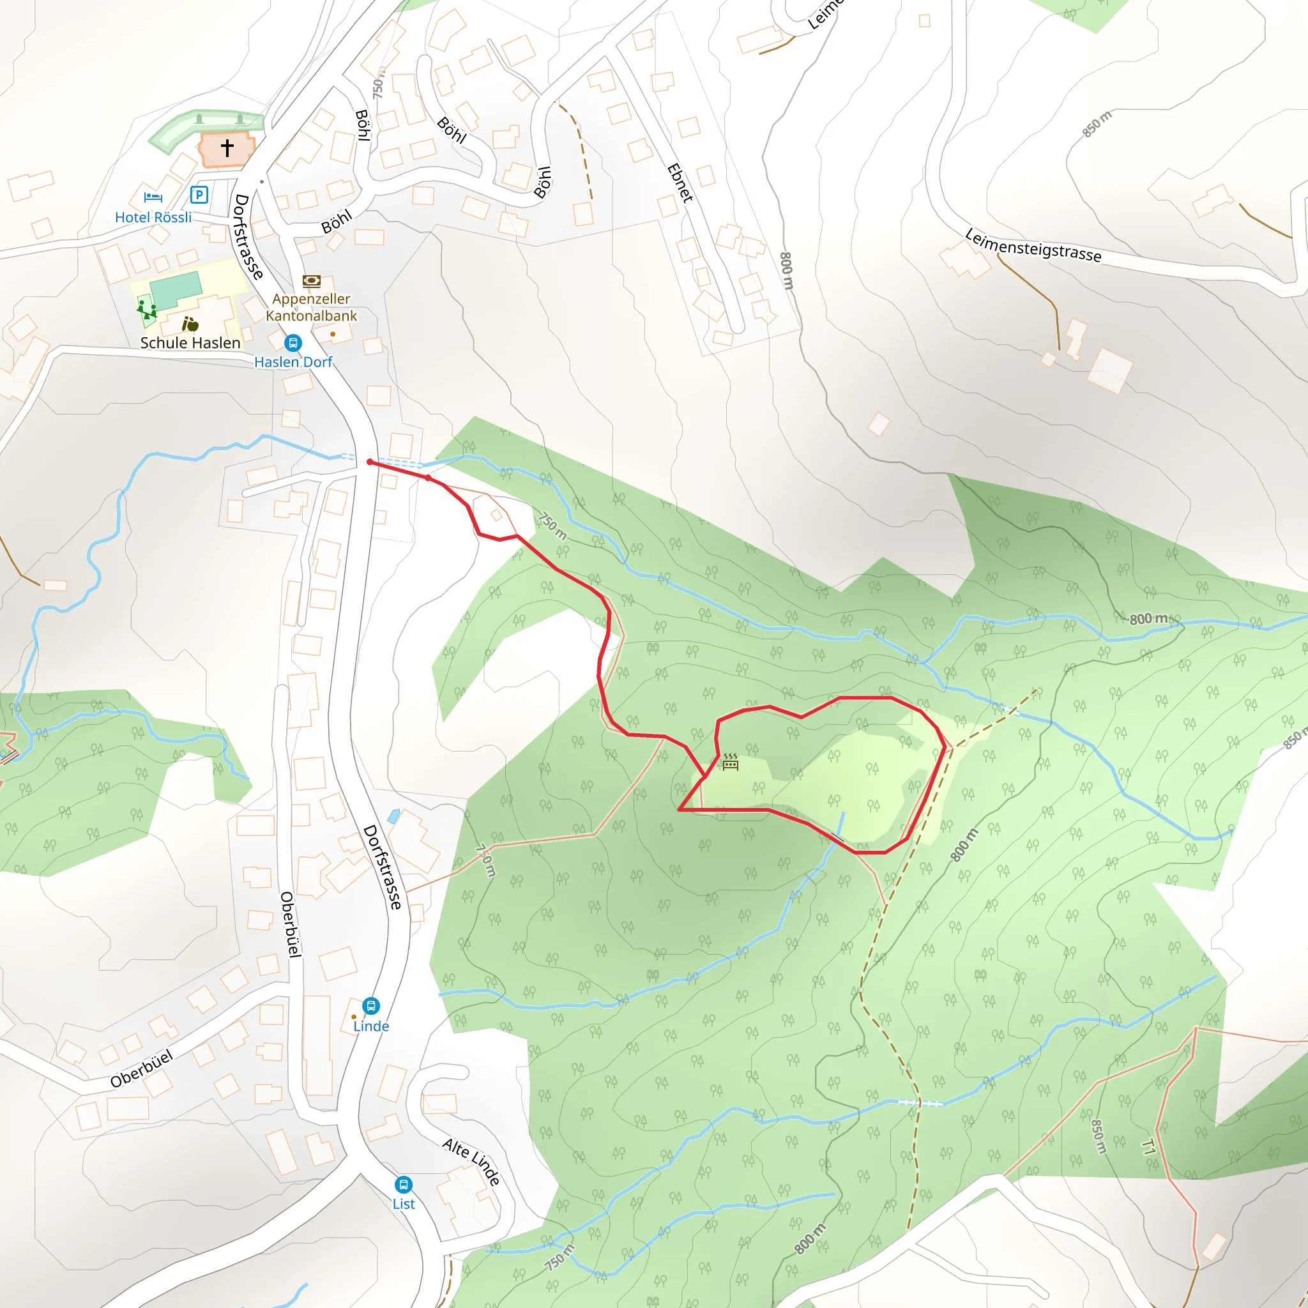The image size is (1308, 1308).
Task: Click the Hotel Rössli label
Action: (x=153, y=217)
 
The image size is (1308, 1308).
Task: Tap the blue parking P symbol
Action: (x=199, y=195)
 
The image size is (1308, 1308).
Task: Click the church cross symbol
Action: (x=227, y=148)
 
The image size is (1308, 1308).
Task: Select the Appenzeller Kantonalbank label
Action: (x=312, y=307)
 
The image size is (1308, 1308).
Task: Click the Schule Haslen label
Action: (x=190, y=342)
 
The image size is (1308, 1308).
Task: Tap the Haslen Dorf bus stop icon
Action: (x=293, y=342)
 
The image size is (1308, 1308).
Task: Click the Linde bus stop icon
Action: (x=371, y=1005)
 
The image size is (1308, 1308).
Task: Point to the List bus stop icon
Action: (x=404, y=1184)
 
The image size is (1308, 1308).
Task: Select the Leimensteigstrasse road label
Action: (x=1033, y=245)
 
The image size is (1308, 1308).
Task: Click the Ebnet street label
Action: (x=680, y=183)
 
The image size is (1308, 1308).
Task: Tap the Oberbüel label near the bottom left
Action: (x=142, y=1069)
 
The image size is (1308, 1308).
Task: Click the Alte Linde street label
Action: (x=472, y=1162)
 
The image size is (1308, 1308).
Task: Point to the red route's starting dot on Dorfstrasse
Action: (x=370, y=462)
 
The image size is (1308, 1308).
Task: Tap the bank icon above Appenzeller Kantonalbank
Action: (x=312, y=281)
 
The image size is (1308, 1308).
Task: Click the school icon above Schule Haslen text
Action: (x=190, y=324)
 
